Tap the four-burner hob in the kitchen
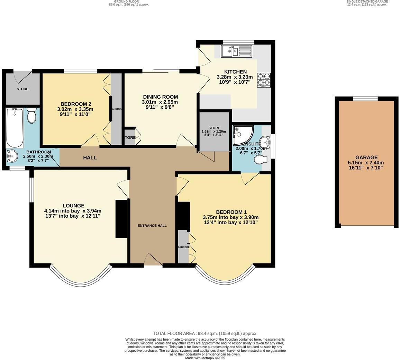click(x=263, y=80)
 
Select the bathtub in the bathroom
click(x=15, y=128)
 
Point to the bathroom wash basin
click(x=12, y=156)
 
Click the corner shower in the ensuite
click(x=242, y=135)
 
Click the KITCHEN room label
click(x=235, y=72)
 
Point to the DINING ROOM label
click(x=160, y=97)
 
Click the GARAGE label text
click(x=366, y=157)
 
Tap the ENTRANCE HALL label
click(x=152, y=226)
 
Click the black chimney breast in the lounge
click(x=121, y=219)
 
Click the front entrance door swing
click(x=153, y=259)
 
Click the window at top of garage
click(x=365, y=99)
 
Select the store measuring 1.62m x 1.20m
click(x=214, y=132)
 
